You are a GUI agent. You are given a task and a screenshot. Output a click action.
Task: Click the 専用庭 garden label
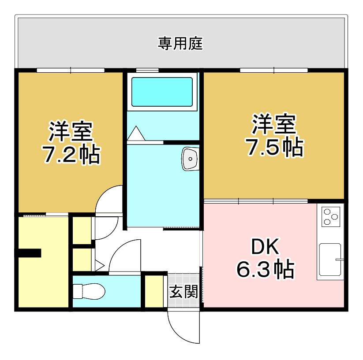click(x=181, y=44)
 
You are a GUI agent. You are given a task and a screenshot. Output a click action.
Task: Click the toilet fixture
click(x=89, y=291)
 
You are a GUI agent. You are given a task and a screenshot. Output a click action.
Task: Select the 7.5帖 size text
click(x=274, y=147)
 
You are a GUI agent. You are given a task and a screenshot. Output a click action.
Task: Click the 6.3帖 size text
click(x=265, y=269)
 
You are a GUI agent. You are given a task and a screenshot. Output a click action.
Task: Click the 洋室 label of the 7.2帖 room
click(x=71, y=130)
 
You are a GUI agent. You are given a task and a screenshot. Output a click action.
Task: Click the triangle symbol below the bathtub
click(x=136, y=134)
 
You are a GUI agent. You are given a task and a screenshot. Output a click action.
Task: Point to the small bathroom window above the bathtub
click(x=147, y=70)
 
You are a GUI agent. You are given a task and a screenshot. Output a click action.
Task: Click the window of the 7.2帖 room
click(x=71, y=70)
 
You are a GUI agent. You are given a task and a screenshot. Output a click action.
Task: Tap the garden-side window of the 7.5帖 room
click(x=274, y=70)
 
